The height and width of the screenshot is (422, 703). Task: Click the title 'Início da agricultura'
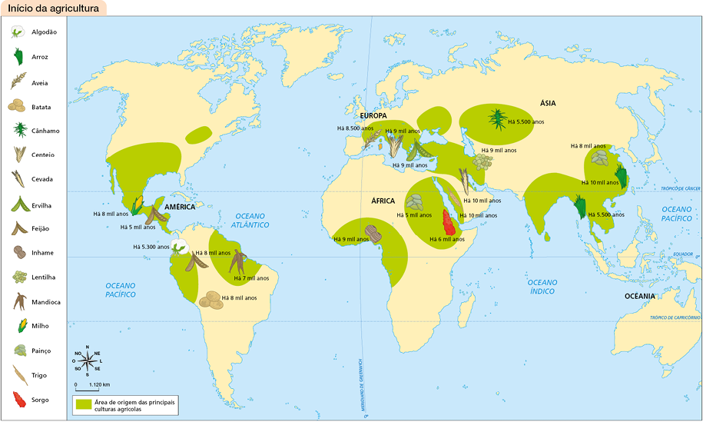(53, 9)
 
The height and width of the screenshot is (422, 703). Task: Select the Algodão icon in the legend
(16, 32)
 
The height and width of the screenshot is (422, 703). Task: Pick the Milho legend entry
(16, 326)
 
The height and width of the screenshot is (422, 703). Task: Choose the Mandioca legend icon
(16, 301)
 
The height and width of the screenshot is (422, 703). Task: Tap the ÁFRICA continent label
(383, 201)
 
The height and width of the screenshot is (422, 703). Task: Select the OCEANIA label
(639, 296)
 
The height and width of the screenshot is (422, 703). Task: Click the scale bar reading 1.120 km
(91, 384)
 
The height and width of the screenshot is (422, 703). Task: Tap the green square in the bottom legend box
(83, 405)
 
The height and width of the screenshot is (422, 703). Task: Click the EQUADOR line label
(683, 253)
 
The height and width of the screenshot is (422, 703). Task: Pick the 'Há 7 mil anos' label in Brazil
(251, 277)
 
